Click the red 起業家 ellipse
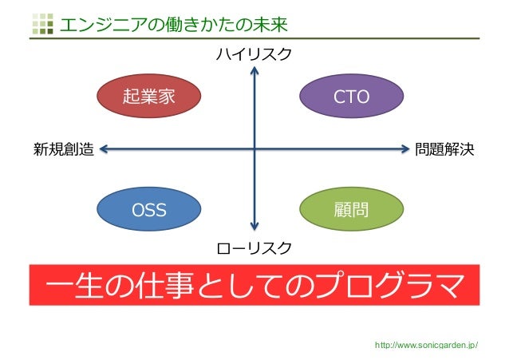[x=148, y=97]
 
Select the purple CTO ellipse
[x=351, y=97]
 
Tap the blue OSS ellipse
[x=148, y=210]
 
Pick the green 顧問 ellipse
[x=351, y=210]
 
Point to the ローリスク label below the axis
[x=254, y=248]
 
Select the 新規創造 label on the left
[x=64, y=148]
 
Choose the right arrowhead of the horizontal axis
[x=404, y=148]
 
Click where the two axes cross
[x=254, y=148]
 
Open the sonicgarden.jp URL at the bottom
[x=432, y=345]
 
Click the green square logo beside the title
[x=41, y=25]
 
